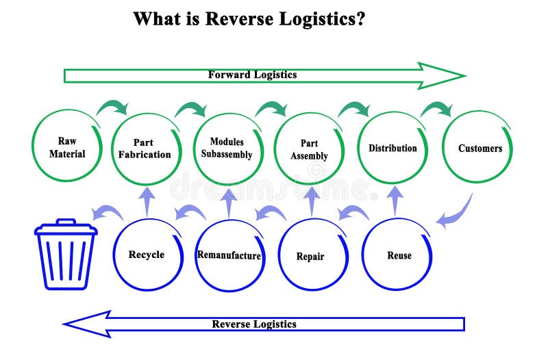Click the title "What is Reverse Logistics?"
249,18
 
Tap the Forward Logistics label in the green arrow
252,75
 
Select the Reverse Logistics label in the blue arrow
253,324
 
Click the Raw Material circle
67,148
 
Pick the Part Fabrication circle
145,149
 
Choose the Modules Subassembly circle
227,149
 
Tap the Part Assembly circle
309,149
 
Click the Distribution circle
393,149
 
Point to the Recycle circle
147,255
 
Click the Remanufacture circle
229,256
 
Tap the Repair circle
310,257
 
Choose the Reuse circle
399,255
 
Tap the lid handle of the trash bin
66,222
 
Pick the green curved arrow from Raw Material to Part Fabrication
112,107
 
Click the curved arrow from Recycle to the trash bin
107,213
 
